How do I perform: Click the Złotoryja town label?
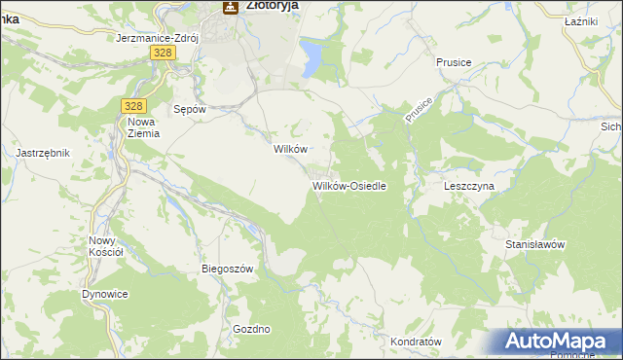click(x=272, y=5)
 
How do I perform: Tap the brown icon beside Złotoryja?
click(x=231, y=7)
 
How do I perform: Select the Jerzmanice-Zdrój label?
click(x=157, y=38)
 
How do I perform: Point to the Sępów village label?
click(x=189, y=109)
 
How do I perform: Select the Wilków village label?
click(x=290, y=150)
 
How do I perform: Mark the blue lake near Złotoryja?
click(x=312, y=55)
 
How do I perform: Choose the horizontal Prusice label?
click(x=454, y=62)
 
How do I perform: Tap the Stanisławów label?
click(x=535, y=244)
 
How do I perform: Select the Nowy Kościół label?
click(x=105, y=246)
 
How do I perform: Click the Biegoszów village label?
click(x=227, y=269)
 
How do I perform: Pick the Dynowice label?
click(x=105, y=294)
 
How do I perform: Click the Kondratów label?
click(x=416, y=342)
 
